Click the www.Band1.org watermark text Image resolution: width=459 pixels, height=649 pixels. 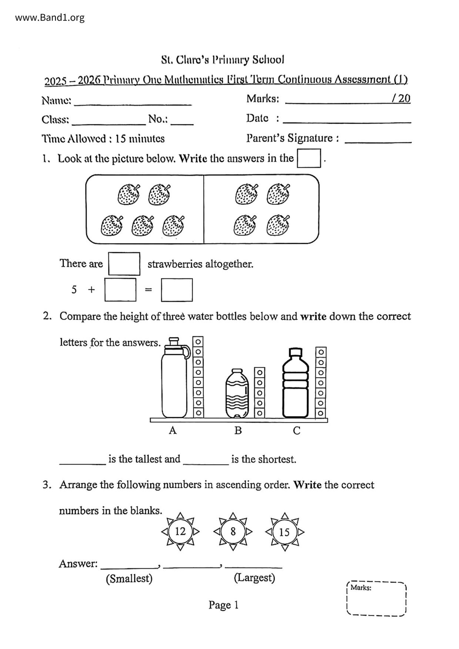click(50, 17)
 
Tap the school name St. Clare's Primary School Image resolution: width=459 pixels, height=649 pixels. click(222, 60)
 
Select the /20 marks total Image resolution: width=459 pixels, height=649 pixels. click(401, 98)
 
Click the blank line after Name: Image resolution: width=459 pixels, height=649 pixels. click(133, 102)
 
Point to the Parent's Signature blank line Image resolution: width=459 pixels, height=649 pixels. click(378, 139)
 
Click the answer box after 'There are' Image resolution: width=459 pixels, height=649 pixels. click(124, 264)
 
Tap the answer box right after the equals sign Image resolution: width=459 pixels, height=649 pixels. click(177, 290)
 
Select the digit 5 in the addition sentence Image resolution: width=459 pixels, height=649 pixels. click(74, 289)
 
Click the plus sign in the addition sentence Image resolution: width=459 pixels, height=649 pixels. click(91, 289)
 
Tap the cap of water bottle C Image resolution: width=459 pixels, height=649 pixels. click(295, 352)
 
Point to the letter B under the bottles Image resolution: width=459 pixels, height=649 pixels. click(238, 431)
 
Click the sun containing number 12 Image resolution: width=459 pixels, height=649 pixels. click(180, 532)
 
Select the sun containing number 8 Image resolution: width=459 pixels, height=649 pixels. click(233, 532)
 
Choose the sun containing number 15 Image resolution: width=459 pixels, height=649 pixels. click(284, 532)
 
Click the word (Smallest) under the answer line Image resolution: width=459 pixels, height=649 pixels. click(129, 578)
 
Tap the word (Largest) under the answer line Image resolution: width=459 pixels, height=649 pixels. click(254, 578)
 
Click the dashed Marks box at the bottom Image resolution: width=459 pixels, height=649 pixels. click(376, 598)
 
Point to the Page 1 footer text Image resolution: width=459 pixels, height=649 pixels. click(223, 605)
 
